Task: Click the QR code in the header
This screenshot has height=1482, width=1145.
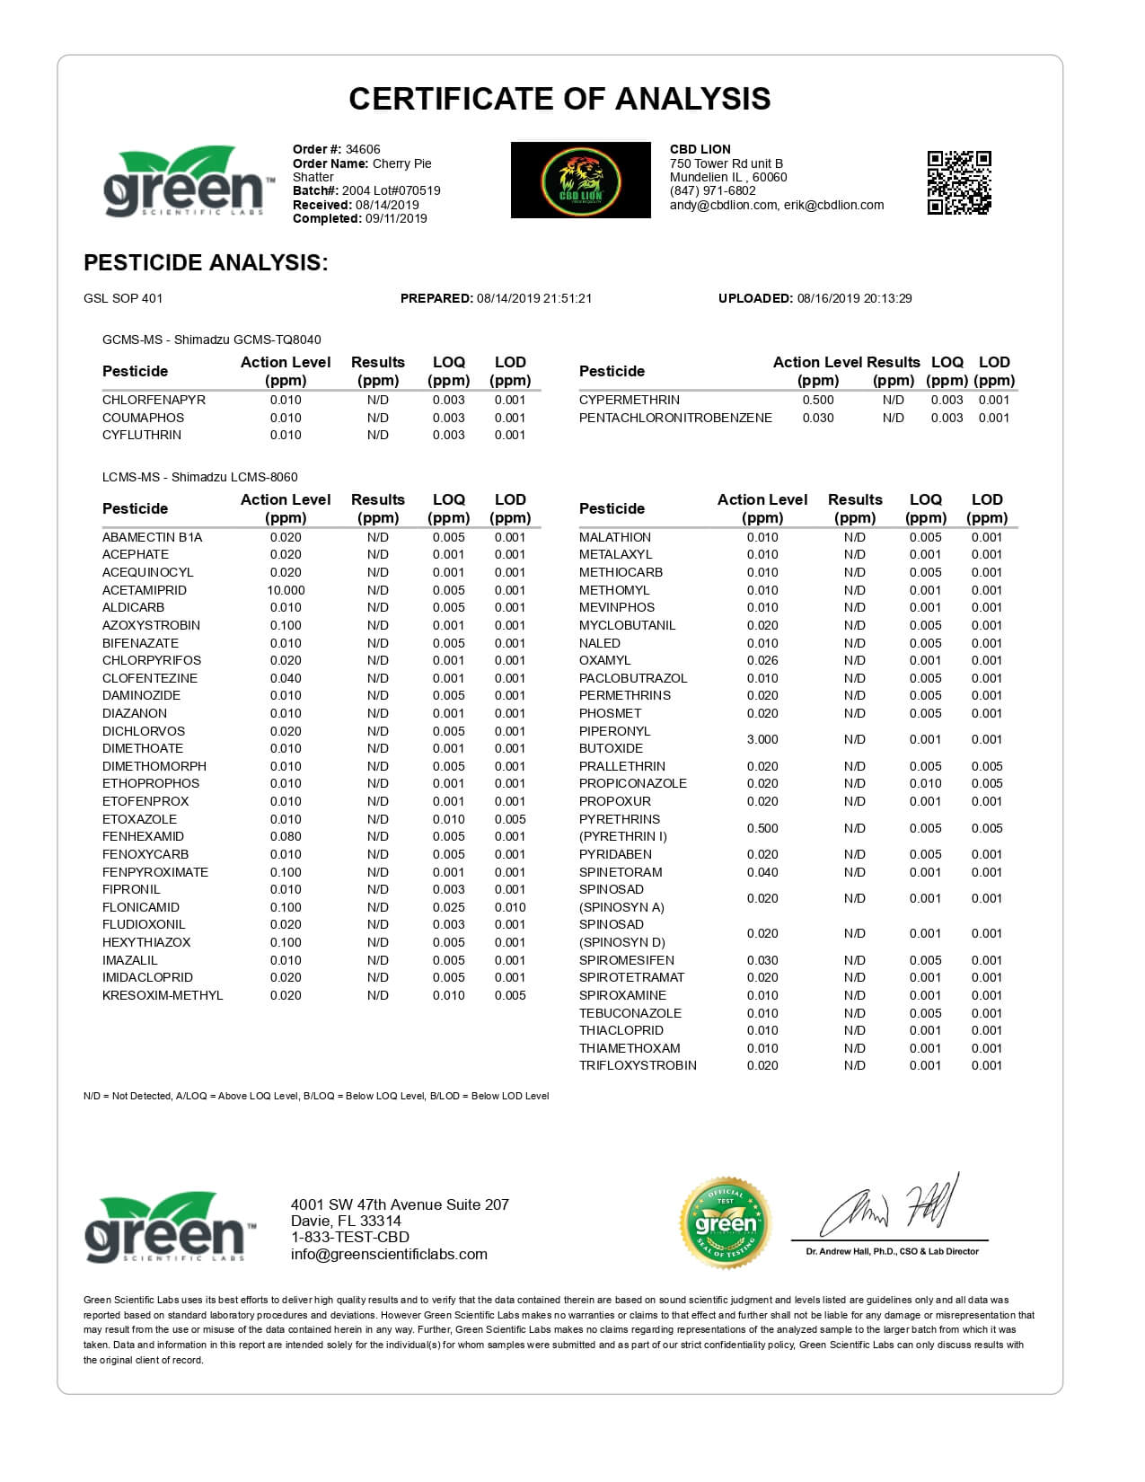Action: point(958,182)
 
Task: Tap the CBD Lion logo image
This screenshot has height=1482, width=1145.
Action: point(580,180)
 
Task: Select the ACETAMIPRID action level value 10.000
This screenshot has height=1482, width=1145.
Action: point(286,590)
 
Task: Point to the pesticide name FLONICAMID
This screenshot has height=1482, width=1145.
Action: point(140,907)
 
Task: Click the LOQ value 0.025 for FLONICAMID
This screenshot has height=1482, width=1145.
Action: point(448,907)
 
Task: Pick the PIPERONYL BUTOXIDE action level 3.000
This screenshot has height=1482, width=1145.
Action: point(762,739)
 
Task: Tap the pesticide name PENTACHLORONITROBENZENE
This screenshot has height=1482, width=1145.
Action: point(675,418)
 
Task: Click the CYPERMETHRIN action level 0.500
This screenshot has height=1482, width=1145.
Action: point(817,400)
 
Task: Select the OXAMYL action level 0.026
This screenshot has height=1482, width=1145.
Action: point(762,660)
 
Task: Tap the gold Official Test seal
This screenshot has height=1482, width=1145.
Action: point(725,1222)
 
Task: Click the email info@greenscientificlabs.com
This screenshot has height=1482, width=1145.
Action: point(389,1254)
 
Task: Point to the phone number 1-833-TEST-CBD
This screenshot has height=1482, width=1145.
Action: point(349,1238)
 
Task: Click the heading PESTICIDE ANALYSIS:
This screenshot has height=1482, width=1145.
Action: point(206,262)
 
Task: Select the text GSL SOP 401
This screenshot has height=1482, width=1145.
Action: point(123,298)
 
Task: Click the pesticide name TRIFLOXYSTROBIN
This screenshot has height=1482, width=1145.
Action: point(638,1065)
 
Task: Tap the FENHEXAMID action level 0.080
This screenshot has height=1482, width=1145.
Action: point(286,836)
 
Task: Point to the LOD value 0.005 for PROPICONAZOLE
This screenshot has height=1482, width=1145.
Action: point(986,783)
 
